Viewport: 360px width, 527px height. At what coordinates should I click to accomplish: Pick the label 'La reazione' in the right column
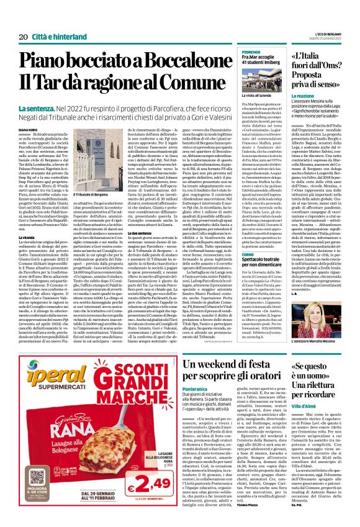(x=303, y=97)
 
